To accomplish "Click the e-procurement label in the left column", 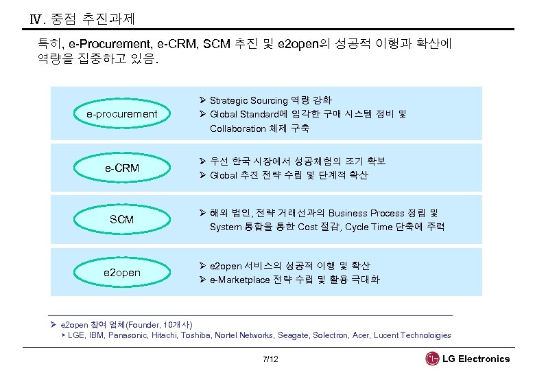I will click(x=121, y=114).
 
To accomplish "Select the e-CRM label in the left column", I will click(x=121, y=168).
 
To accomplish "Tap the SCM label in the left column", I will click(x=121, y=220).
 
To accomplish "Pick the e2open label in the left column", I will click(x=121, y=273).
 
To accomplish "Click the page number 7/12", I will click(x=270, y=359).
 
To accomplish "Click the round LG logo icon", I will click(x=432, y=359).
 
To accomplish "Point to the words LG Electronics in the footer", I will click(x=476, y=359).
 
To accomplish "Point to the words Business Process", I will click(x=367, y=213).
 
